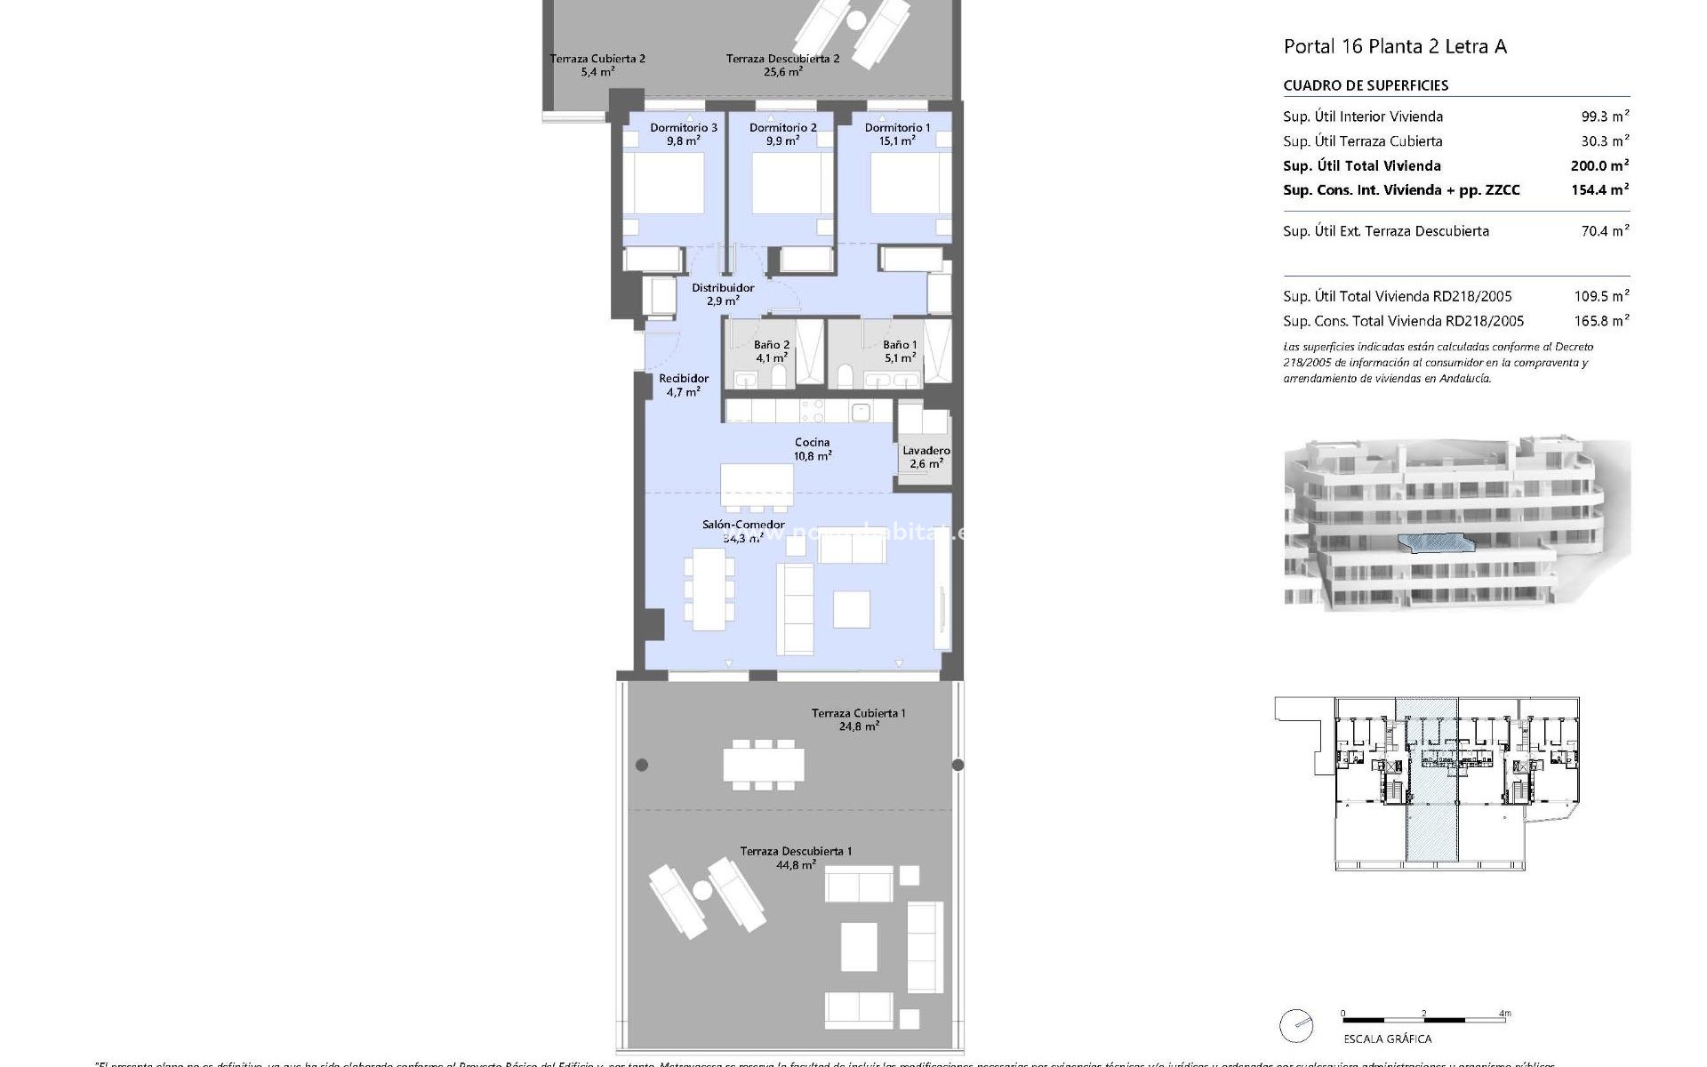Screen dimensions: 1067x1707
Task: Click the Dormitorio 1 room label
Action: pyautogui.click(x=897, y=133)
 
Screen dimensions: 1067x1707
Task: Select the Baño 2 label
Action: pyautogui.click(x=771, y=351)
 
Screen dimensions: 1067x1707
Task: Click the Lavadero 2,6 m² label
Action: pyautogui.click(x=926, y=457)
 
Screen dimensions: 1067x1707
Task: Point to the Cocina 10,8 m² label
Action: pyautogui.click(x=812, y=449)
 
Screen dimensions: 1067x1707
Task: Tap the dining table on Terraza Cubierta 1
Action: pyautogui.click(x=763, y=765)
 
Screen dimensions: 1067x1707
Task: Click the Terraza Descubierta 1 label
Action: pyautogui.click(x=796, y=857)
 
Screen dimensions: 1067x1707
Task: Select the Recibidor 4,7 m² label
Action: pyautogui.click(x=683, y=385)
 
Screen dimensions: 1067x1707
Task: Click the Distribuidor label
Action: pyautogui.click(x=722, y=293)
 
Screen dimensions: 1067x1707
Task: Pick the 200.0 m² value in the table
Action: pyautogui.click(x=1599, y=165)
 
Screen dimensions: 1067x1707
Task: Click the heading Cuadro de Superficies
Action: pyautogui.click(x=1366, y=85)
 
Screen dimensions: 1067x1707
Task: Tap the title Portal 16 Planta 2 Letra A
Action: pyautogui.click(x=1395, y=46)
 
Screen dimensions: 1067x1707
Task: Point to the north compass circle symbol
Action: pyautogui.click(x=1296, y=1025)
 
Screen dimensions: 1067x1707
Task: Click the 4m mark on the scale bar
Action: pyautogui.click(x=1504, y=1014)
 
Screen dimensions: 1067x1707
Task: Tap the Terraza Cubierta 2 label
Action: pyautogui.click(x=597, y=65)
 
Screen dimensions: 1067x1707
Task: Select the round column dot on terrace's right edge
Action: pyautogui.click(x=958, y=765)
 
